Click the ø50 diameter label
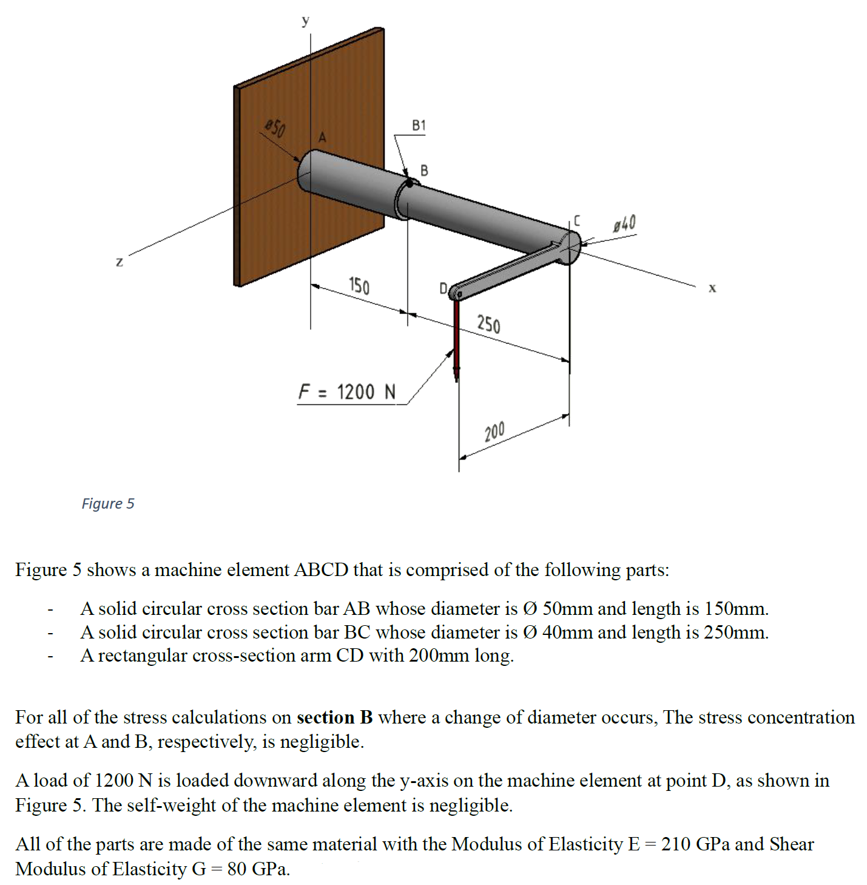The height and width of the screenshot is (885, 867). coord(275,128)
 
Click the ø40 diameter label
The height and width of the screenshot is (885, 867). coord(624,224)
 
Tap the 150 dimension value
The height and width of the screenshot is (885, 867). coord(359,285)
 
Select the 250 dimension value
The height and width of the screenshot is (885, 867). coord(488,324)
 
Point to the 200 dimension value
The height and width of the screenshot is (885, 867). coord(494,432)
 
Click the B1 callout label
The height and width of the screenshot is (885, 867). coord(419,126)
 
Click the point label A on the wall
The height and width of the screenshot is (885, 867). coord(322,138)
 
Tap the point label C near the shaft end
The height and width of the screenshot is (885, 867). coord(576,221)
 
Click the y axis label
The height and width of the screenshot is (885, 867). coord(306,21)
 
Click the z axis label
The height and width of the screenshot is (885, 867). coord(120,262)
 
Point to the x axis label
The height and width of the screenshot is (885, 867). coord(712,288)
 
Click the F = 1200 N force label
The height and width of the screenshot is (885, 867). coord(346,392)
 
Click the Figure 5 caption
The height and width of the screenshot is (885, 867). coord(108,503)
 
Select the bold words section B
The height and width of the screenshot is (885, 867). coord(334,717)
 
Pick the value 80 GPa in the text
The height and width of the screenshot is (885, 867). coord(258,869)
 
